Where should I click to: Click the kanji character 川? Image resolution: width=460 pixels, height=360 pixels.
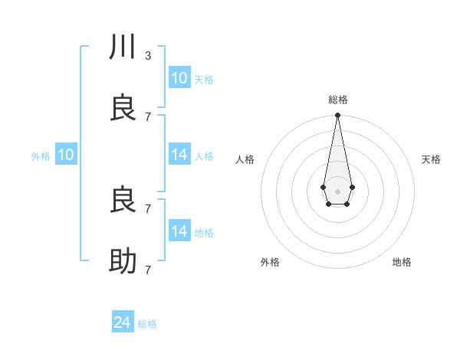pyautogui.click(x=123, y=47)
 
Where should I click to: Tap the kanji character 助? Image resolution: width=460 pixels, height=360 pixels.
pyautogui.click(x=123, y=261)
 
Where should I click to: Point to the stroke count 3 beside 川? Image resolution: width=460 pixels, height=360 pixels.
pyautogui.click(x=147, y=55)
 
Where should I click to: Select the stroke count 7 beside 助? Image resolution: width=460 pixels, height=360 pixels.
pyautogui.click(x=147, y=270)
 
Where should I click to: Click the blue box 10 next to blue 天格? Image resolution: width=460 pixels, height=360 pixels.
pyautogui.click(x=179, y=78)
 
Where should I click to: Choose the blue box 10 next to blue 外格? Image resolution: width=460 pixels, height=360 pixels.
pyautogui.click(x=66, y=155)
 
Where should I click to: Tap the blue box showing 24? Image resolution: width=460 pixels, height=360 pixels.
pyautogui.click(x=123, y=322)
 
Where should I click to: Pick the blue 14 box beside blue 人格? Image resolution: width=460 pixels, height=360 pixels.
pyautogui.click(x=179, y=155)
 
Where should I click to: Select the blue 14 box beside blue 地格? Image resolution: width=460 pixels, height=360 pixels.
pyautogui.click(x=179, y=231)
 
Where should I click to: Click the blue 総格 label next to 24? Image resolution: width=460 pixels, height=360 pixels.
pyautogui.click(x=147, y=324)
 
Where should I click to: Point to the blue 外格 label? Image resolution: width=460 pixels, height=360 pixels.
pyautogui.click(x=41, y=156)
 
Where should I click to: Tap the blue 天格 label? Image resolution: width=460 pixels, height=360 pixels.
pyautogui.click(x=203, y=80)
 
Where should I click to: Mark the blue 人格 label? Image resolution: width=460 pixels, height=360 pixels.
pyautogui.click(x=203, y=156)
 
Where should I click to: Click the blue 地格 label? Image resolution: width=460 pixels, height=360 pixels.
pyautogui.click(x=203, y=233)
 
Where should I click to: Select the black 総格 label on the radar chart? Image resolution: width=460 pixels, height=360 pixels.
pyautogui.click(x=337, y=100)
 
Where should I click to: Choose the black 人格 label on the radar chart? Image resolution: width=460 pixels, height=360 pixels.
pyautogui.click(x=245, y=159)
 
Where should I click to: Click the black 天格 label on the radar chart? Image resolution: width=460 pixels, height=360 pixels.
pyautogui.click(x=431, y=159)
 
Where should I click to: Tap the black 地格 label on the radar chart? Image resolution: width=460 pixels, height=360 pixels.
pyautogui.click(x=402, y=262)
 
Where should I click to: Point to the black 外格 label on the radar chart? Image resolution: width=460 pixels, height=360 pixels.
pyautogui.click(x=270, y=262)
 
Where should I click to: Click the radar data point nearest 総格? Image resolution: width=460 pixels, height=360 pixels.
pyautogui.click(x=337, y=116)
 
